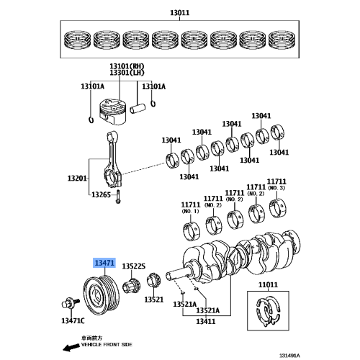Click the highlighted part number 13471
coord(101,264)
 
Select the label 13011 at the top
coord(179,12)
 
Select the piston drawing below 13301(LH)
coord(114,109)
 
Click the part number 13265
coord(101,194)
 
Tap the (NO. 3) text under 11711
coord(276,188)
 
